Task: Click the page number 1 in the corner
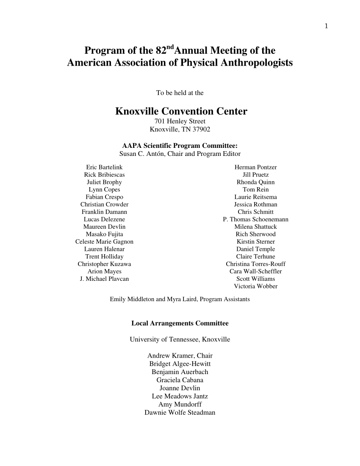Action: [326, 26]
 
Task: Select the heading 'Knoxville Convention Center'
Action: [181, 112]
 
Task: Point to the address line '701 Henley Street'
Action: [180, 122]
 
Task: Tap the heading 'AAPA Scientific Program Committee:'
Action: [180, 146]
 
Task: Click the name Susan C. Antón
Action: [141, 154]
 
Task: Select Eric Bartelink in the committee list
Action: [104, 167]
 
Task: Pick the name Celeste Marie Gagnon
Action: [104, 241]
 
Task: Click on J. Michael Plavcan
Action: [104, 279]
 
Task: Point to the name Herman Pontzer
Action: [255, 167]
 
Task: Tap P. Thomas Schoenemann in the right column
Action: [255, 219]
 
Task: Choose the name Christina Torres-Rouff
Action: [255, 264]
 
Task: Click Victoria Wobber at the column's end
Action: [255, 286]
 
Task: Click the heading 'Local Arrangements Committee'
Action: [180, 324]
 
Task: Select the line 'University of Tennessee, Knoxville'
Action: [180, 340]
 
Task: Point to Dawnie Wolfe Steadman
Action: [180, 413]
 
